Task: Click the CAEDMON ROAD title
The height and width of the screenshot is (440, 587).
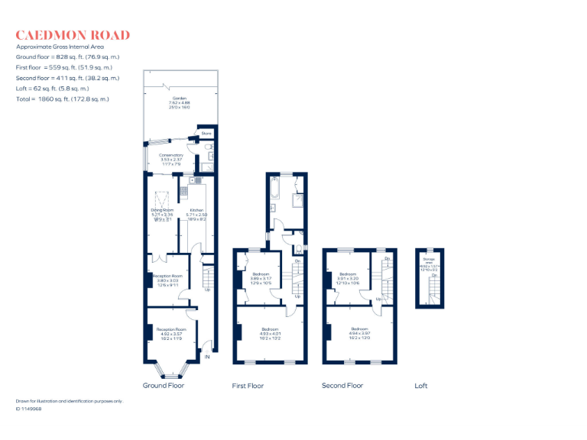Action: pyautogui.click(x=73, y=35)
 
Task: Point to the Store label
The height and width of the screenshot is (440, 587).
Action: pyautogui.click(x=206, y=134)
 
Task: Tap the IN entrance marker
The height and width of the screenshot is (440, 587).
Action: pyautogui.click(x=206, y=357)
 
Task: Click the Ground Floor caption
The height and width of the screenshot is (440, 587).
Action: pyautogui.click(x=164, y=386)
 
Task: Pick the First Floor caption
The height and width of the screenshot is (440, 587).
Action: pyautogui.click(x=248, y=386)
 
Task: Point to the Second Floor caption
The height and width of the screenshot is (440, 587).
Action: pyautogui.click(x=342, y=386)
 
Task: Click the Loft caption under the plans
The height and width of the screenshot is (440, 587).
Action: pyautogui.click(x=421, y=386)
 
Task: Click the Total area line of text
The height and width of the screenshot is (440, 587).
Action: pyautogui.click(x=63, y=99)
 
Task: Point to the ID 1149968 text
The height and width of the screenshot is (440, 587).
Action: pyautogui.click(x=28, y=409)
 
